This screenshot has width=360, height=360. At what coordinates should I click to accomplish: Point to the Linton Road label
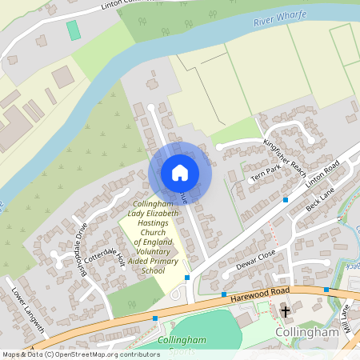(x=322, y=174)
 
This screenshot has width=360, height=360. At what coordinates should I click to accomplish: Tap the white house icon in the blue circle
(x=180, y=173)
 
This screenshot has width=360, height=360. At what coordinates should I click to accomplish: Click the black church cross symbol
(x=286, y=310)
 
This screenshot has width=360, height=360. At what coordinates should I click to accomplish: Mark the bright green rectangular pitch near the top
(x=74, y=31)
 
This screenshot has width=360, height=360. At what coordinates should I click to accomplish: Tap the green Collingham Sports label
(x=182, y=341)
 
